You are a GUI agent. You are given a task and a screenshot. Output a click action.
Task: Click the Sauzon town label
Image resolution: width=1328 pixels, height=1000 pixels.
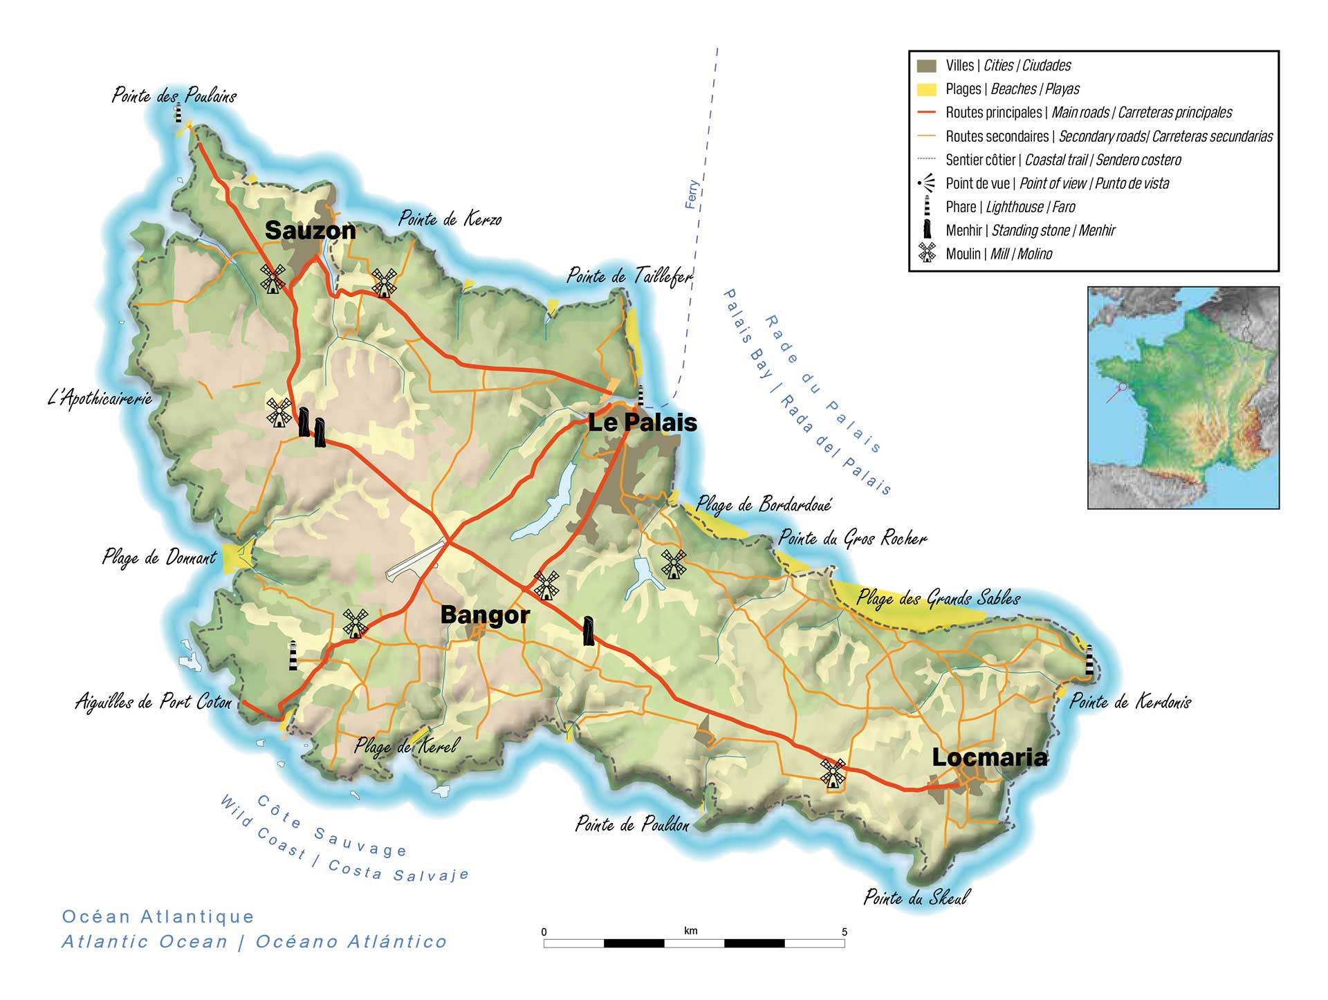310,230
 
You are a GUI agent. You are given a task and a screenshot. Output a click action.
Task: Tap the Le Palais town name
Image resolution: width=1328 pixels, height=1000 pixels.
642,423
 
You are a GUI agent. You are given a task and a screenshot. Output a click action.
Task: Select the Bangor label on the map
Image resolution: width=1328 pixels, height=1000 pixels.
485,615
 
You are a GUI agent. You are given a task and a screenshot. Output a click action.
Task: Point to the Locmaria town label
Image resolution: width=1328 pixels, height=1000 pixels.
989,757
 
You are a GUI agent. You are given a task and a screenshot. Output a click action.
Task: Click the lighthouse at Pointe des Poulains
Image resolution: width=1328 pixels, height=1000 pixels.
178,113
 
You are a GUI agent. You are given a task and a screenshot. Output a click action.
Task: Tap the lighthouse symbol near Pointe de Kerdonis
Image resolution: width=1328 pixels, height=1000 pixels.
1089,660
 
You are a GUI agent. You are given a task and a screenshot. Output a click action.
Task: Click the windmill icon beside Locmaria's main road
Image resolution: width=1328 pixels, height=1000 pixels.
833,772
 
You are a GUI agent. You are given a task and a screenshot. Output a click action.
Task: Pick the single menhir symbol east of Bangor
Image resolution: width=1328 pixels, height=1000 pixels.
588,631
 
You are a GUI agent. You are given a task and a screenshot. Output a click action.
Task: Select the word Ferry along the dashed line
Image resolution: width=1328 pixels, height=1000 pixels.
692,194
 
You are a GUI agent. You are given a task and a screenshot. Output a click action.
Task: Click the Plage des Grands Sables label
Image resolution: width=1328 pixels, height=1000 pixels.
938,598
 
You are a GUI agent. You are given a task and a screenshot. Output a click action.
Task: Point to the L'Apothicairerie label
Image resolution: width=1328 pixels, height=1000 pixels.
100,398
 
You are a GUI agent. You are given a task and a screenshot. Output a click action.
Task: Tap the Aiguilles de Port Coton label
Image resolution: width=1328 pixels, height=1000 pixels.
154,702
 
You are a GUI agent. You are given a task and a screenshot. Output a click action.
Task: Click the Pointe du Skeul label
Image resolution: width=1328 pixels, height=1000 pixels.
916,898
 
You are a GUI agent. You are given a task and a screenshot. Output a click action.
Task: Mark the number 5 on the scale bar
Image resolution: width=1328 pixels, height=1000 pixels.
844,932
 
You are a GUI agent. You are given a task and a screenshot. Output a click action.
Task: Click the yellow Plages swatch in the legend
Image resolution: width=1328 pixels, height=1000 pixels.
926,89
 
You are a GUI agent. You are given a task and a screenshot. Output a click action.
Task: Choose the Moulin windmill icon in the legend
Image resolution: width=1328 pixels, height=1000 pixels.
927,253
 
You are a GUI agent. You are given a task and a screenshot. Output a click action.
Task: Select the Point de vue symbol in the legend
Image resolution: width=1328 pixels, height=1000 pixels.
927,183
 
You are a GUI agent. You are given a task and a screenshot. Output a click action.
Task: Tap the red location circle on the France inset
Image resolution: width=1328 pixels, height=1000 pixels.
1123,387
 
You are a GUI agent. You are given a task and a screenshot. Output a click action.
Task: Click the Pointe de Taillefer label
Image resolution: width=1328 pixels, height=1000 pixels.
629,276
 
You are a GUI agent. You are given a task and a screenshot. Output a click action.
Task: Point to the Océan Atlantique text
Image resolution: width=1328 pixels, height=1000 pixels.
158,916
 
